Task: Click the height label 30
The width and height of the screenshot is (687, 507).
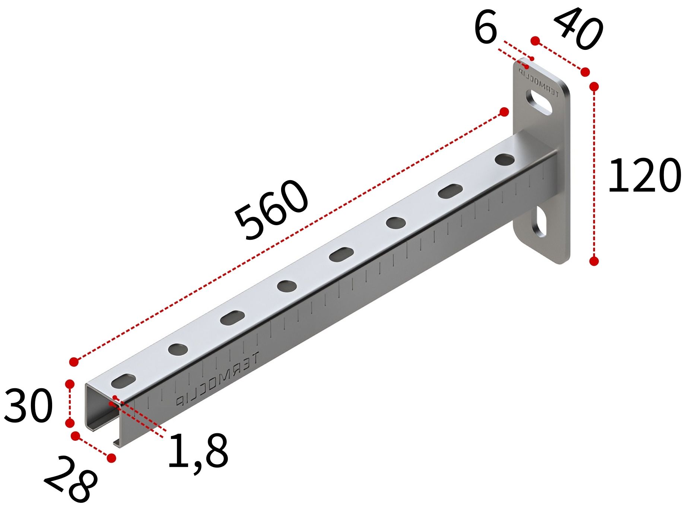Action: pos(28,406)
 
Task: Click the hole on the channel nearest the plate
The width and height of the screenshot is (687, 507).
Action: pos(505,160)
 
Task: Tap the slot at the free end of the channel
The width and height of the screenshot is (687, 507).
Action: pos(123,380)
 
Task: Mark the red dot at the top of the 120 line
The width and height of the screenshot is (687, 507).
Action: pos(594,87)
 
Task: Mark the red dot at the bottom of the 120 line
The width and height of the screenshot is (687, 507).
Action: pos(594,261)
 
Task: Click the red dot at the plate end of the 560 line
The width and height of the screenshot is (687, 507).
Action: pos(504,112)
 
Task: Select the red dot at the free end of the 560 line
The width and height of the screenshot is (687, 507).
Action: pos(74,361)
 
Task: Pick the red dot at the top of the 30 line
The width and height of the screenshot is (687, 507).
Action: pos(70,384)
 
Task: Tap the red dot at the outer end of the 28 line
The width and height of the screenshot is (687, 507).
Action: pos(111,458)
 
